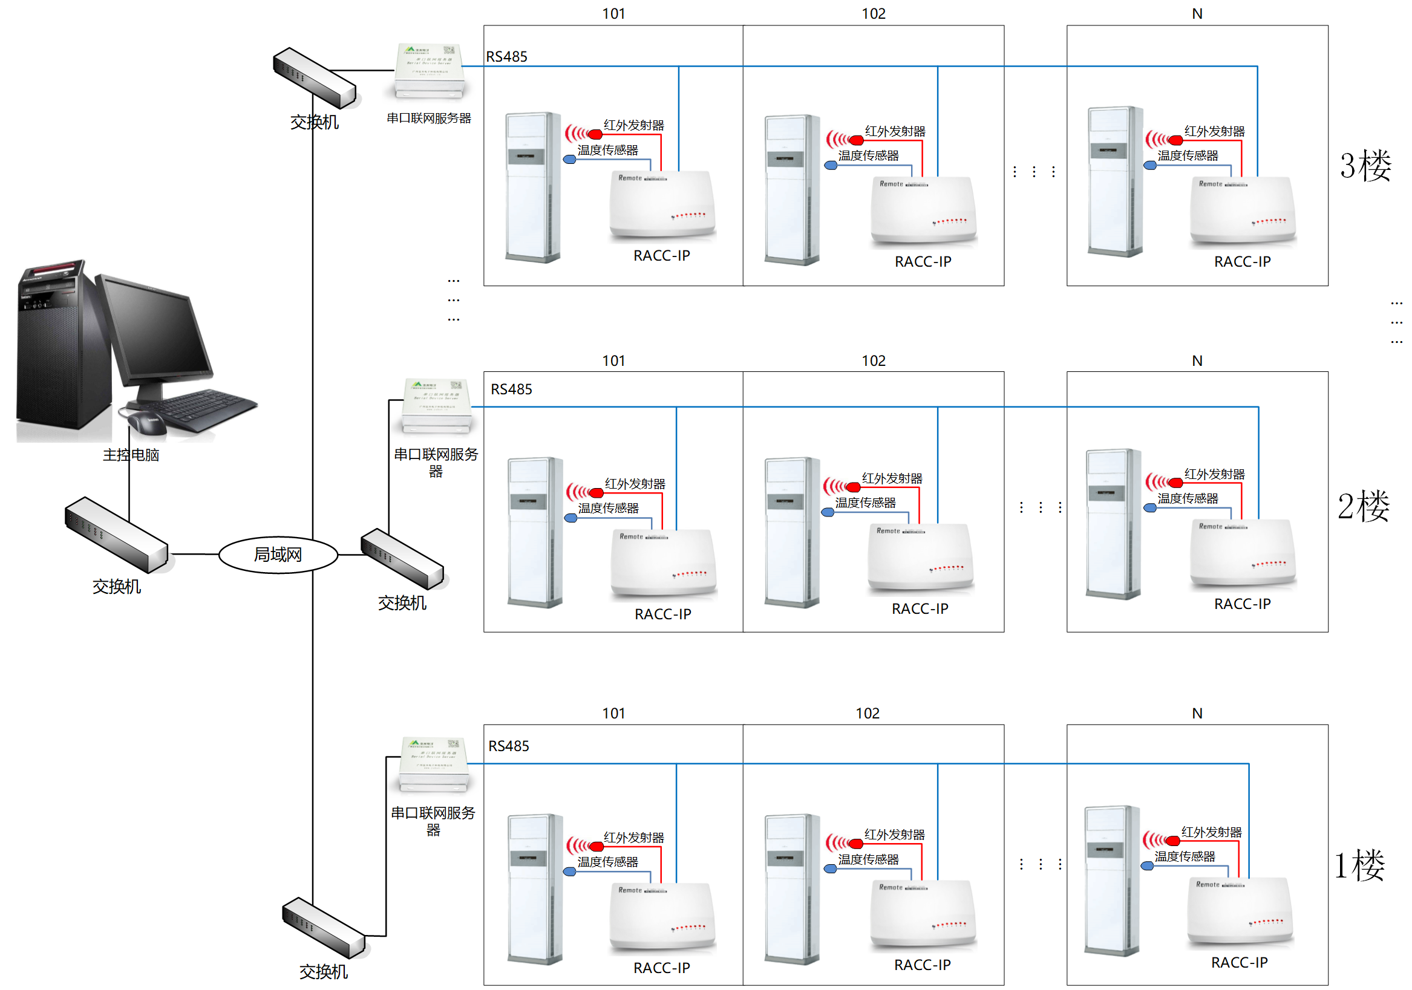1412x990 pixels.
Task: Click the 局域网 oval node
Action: click(x=278, y=555)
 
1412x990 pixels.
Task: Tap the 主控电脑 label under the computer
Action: click(x=131, y=454)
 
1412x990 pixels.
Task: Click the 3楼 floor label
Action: click(x=1365, y=166)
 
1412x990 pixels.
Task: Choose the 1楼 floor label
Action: click(x=1359, y=865)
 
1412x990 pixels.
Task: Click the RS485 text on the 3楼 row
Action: click(x=507, y=57)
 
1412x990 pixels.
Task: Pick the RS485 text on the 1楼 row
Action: click(x=509, y=746)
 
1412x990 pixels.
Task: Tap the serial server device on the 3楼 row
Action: click(x=430, y=71)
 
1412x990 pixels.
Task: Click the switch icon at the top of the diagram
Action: click(x=314, y=78)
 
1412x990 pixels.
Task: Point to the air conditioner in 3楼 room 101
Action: click(x=532, y=187)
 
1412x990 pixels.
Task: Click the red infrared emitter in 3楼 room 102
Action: click(x=855, y=140)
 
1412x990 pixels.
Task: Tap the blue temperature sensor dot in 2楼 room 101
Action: click(x=570, y=518)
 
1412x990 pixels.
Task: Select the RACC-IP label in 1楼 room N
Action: click(x=1239, y=962)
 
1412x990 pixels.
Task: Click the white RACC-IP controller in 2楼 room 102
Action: click(x=920, y=559)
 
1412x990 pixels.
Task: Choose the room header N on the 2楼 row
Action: click(x=1197, y=361)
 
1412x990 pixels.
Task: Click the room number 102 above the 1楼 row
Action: click(x=867, y=713)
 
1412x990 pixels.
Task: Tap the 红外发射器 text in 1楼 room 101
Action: click(x=633, y=838)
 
